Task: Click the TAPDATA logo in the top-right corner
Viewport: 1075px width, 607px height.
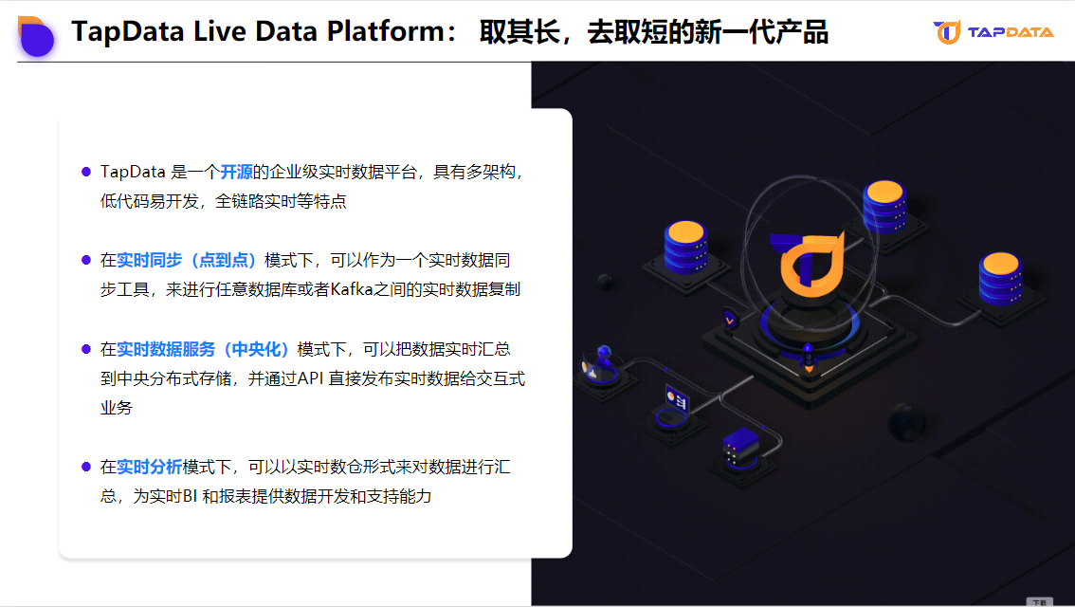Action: click(x=993, y=32)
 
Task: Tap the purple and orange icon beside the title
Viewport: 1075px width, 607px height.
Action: click(x=35, y=35)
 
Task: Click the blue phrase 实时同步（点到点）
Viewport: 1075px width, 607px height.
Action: click(x=189, y=260)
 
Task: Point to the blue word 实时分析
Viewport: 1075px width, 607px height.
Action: click(x=149, y=467)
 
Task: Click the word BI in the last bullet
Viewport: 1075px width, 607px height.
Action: click(x=190, y=496)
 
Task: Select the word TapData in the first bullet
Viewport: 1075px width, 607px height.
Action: click(x=133, y=172)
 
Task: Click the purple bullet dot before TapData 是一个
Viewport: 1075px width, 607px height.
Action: click(x=85, y=172)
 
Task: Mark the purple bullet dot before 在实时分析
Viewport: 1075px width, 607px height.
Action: click(x=85, y=467)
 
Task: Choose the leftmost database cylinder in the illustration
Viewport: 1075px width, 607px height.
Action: click(x=685, y=246)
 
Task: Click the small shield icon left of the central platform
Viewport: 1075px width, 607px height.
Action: click(x=729, y=319)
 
